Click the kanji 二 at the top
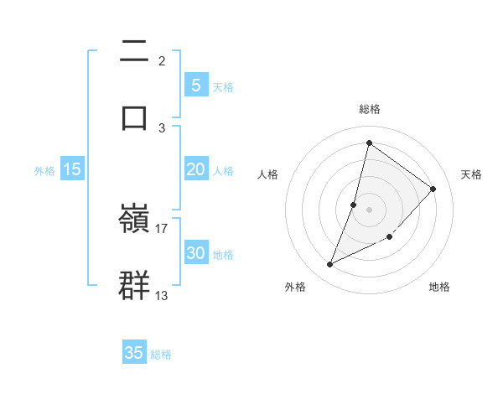pyautogui.click(x=135, y=52)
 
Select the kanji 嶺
pyautogui.click(x=135, y=219)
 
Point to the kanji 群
pyautogui.click(x=135, y=284)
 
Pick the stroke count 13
pyautogui.click(x=162, y=295)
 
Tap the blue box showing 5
pyautogui.click(x=195, y=85)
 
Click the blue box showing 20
pyautogui.click(x=195, y=169)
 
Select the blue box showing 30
pyautogui.click(x=195, y=253)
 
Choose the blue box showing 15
pyautogui.click(x=72, y=169)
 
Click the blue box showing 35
pyautogui.click(x=134, y=353)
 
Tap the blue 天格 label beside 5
pyautogui.click(x=223, y=86)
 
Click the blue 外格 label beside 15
pyautogui.click(x=44, y=170)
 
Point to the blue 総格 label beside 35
pyautogui.click(x=161, y=355)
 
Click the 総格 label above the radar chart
pyautogui.click(x=369, y=109)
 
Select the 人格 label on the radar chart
pyautogui.click(x=267, y=174)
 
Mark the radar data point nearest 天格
pyautogui.click(x=433, y=189)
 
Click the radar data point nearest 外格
pyautogui.click(x=329, y=265)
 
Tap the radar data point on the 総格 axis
pyautogui.click(x=369, y=143)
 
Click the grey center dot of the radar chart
pyautogui.click(x=369, y=209)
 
